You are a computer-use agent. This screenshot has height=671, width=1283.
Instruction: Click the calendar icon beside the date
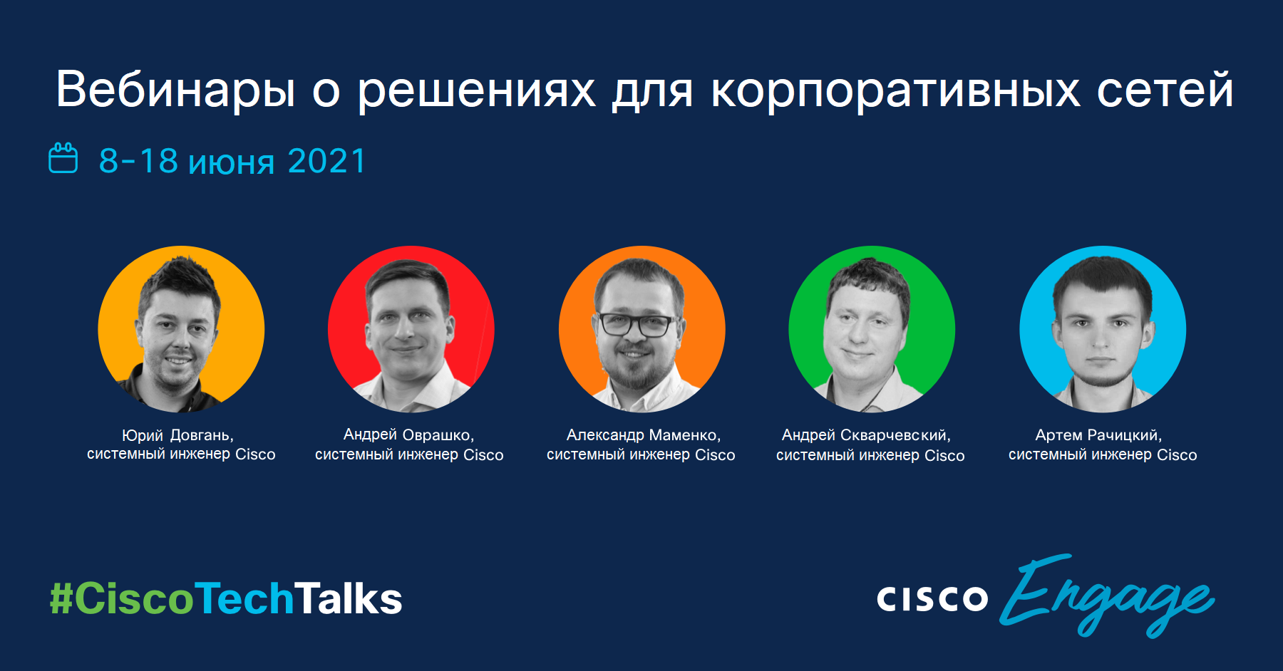(x=63, y=157)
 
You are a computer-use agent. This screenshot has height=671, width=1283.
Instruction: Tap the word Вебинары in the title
(x=175, y=90)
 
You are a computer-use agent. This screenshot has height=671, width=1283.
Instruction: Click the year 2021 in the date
(x=327, y=161)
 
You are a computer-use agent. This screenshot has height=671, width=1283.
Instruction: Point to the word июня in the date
(x=232, y=163)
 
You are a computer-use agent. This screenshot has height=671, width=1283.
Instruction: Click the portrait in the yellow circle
(x=181, y=329)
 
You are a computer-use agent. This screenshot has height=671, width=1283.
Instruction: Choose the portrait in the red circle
(x=411, y=329)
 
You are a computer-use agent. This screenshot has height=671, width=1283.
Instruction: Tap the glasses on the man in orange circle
(x=637, y=325)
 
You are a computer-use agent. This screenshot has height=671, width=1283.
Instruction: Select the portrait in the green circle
(x=872, y=329)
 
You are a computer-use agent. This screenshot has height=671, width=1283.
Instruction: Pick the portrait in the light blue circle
(x=1103, y=329)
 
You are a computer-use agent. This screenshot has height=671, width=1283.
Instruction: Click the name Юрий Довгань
(x=177, y=435)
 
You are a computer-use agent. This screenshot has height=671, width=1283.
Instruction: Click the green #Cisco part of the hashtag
(x=122, y=598)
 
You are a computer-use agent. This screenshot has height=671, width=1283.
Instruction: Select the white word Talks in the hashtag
(x=349, y=598)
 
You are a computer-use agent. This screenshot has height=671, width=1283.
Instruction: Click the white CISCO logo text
(x=932, y=598)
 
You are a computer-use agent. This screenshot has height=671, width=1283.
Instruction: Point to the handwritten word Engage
(x=1107, y=595)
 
